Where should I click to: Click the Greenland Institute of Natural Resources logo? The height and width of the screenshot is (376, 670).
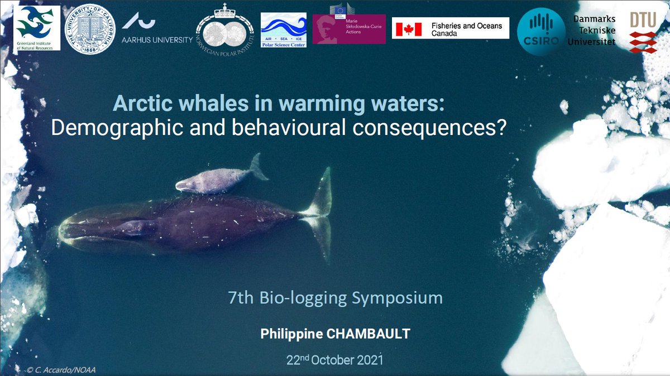[36, 28]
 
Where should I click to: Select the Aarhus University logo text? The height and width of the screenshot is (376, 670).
[157, 40]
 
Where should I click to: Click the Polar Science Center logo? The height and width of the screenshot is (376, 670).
[284, 30]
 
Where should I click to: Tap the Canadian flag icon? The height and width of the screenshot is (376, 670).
[407, 29]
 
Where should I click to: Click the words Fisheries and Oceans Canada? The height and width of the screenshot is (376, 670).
[467, 29]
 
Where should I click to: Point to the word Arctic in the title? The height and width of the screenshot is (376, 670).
[138, 104]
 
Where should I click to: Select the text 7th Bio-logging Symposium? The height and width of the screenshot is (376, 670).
[336, 298]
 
